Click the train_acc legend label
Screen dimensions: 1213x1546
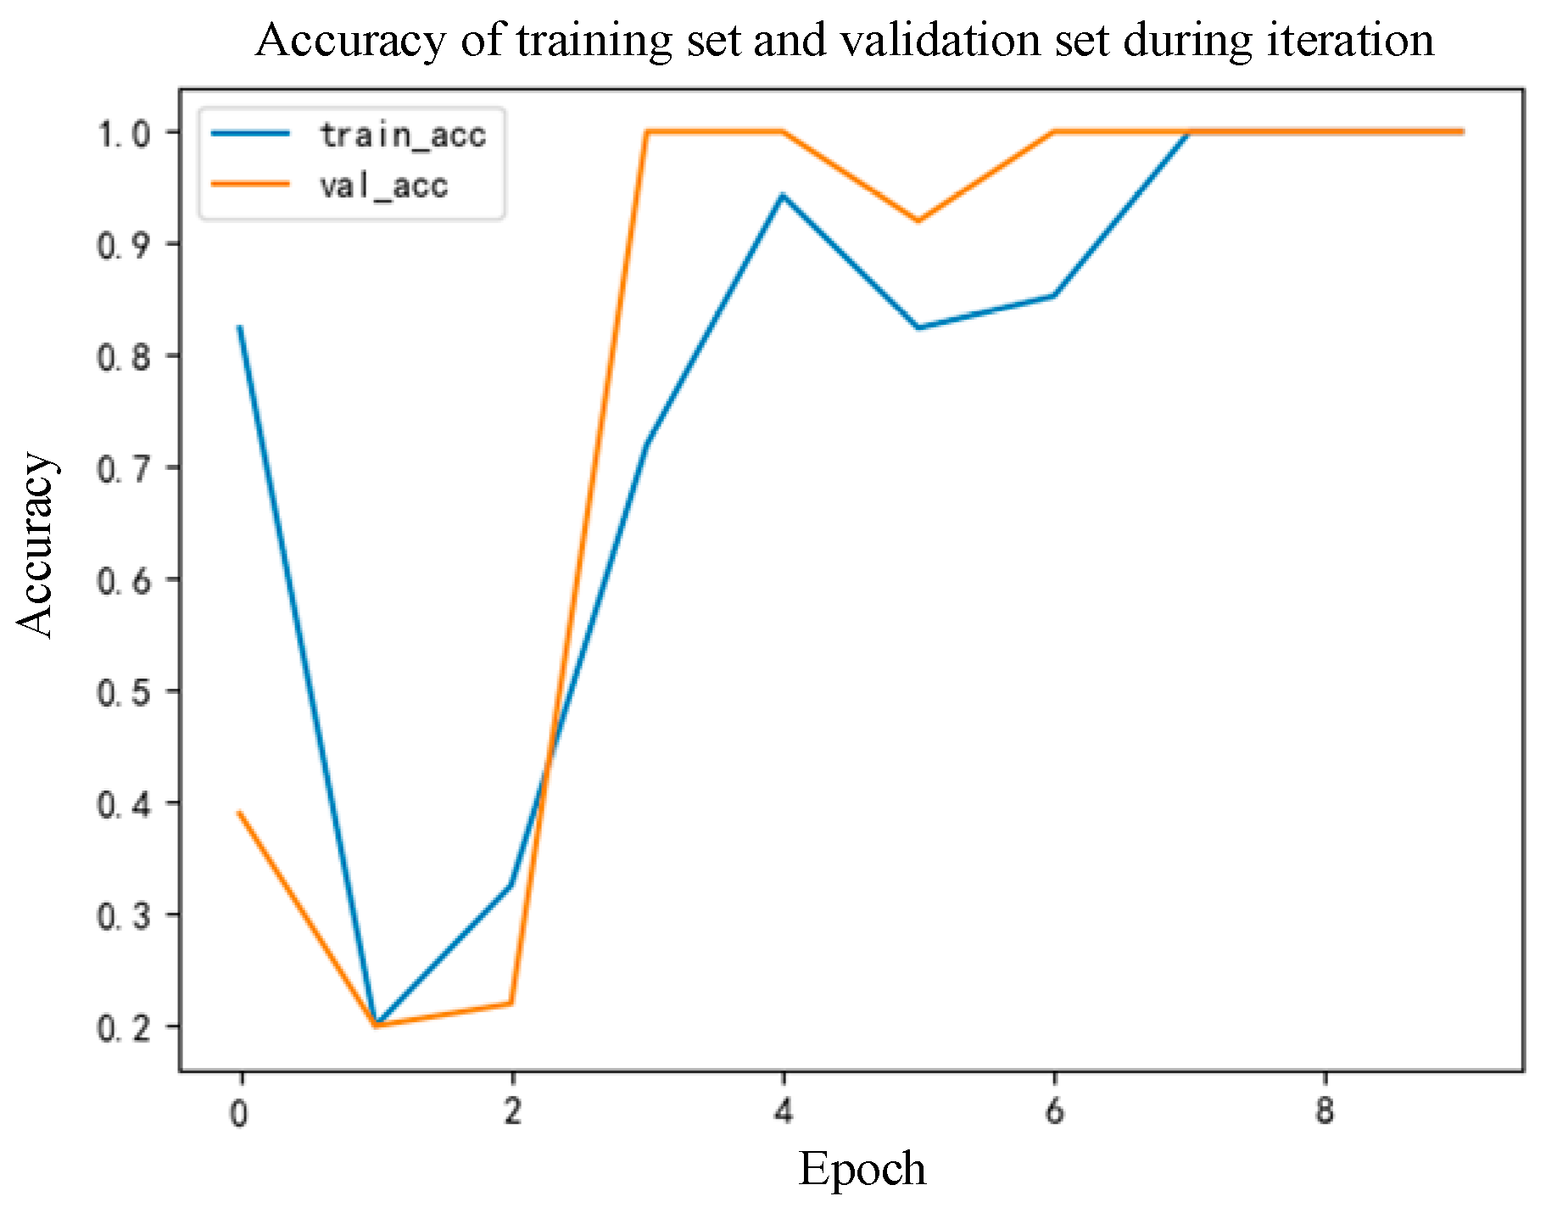click(x=402, y=136)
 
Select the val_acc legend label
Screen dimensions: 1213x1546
click(x=383, y=186)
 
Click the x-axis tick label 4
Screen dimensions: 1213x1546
click(x=783, y=1111)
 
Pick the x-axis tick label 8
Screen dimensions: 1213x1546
click(x=1325, y=1111)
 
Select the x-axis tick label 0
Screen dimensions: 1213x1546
click(x=240, y=1113)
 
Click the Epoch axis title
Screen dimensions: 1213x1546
click(x=862, y=1169)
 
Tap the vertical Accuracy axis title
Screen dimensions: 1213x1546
click(x=36, y=545)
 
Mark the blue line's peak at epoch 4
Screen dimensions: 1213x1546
click(x=783, y=195)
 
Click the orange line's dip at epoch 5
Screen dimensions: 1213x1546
click(x=918, y=221)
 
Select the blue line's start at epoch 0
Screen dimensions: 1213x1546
click(x=240, y=327)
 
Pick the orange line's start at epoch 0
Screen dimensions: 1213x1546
click(x=240, y=813)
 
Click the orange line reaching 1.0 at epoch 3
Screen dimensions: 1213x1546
click(x=646, y=131)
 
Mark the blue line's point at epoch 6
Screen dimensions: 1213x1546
click(x=1053, y=295)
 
